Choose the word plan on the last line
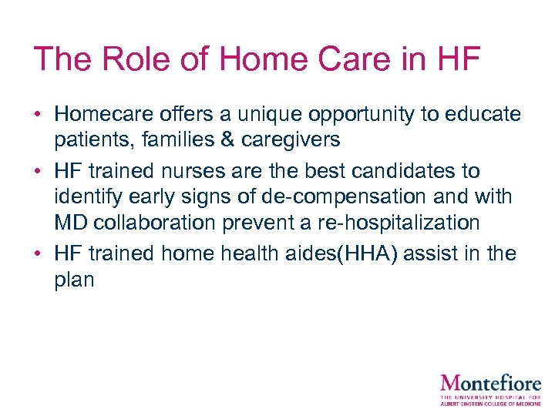74,280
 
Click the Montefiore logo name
490,383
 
